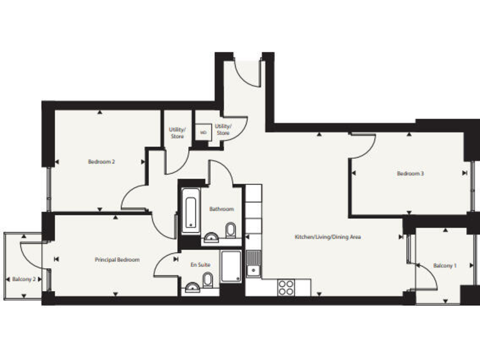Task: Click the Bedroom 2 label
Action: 101,162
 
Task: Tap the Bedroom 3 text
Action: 411,174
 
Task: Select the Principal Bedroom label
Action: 117,259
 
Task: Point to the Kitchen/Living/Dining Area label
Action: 328,237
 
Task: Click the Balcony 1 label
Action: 445,266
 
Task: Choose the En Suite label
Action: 200,265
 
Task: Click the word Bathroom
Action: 221,209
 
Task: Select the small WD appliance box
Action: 203,132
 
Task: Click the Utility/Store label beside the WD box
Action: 222,130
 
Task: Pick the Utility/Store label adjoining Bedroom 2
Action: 177,133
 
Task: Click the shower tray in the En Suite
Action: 230,266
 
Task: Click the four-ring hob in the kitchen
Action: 286,287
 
